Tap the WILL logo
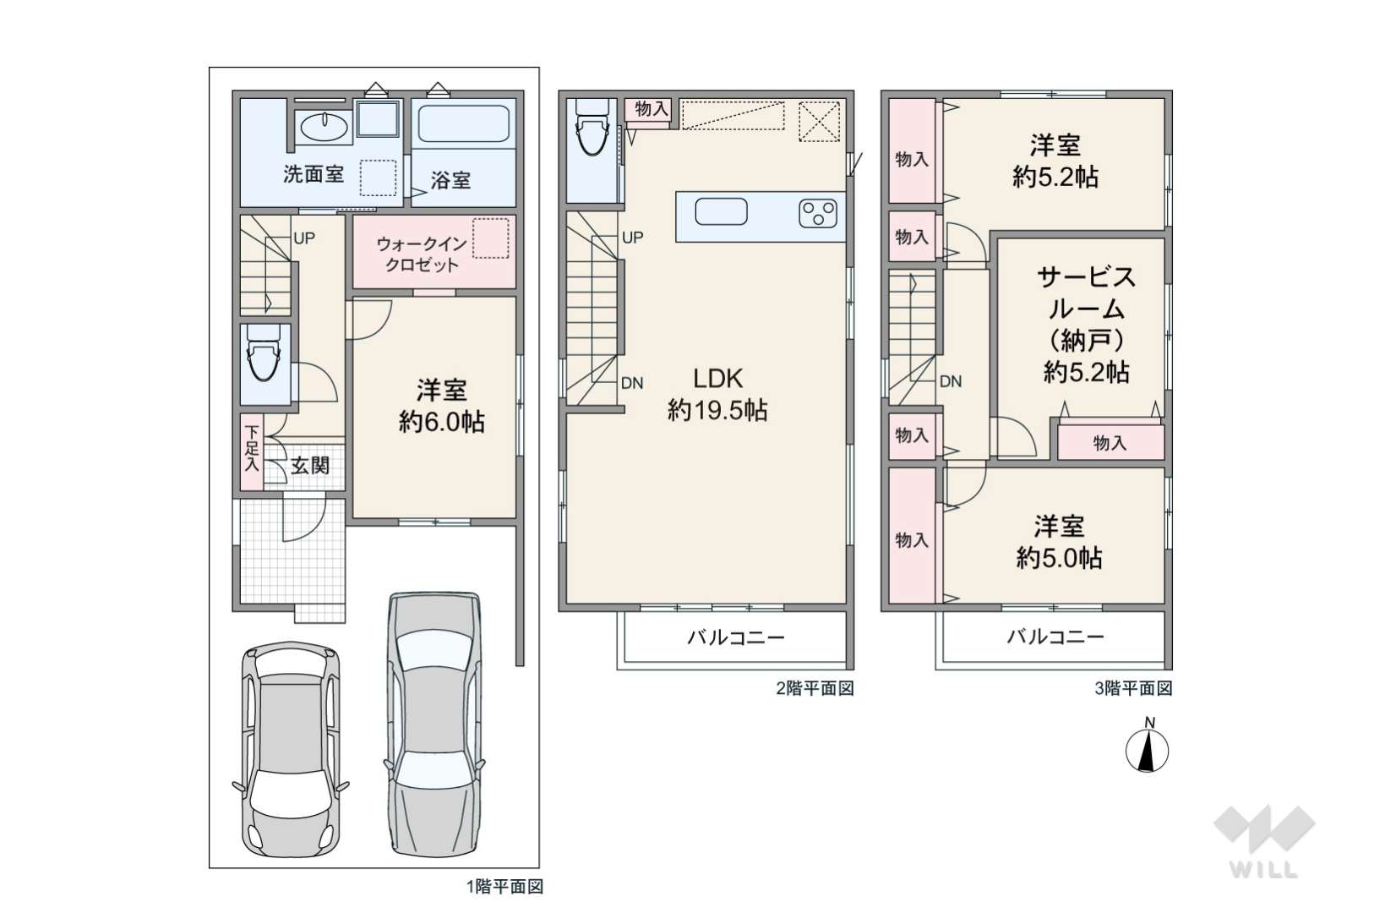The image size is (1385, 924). click(x=1264, y=840)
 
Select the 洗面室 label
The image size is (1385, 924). click(x=314, y=174)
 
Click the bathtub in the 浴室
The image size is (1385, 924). click(x=464, y=124)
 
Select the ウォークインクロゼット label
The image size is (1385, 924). click(x=421, y=254)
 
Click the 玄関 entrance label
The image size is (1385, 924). click(x=310, y=465)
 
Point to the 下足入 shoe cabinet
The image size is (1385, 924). click(x=251, y=451)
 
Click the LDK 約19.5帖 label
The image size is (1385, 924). click(x=717, y=394)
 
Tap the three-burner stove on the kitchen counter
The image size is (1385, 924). click(x=818, y=213)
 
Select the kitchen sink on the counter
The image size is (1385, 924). click(x=721, y=211)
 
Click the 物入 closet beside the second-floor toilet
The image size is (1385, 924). click(x=648, y=112)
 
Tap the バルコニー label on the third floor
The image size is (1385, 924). click(x=1055, y=637)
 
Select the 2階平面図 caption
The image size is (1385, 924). click(x=815, y=688)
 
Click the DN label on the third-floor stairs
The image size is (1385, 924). click(x=951, y=381)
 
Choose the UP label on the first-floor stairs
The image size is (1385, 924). click(x=303, y=238)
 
